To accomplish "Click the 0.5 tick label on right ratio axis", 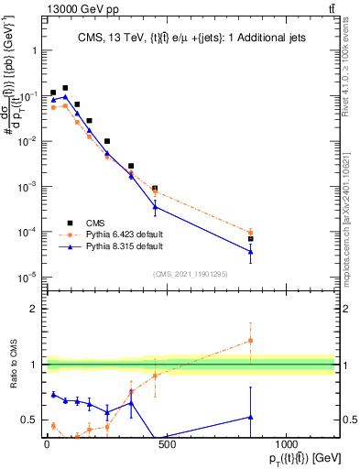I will pos(345,420).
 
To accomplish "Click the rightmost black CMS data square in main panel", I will pos(250,239).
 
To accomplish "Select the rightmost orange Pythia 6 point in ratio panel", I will pos(250,341).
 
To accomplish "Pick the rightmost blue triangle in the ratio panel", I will pos(250,417).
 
